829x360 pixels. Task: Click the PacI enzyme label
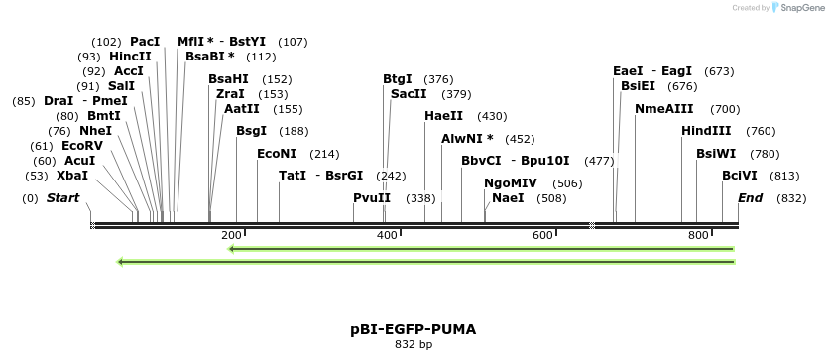[145, 42]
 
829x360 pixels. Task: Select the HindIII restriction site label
[706, 131]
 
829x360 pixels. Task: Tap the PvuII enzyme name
[372, 198]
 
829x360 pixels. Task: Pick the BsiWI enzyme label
[716, 154]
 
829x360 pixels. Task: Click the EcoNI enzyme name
[277, 154]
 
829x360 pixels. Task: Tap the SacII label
[409, 94]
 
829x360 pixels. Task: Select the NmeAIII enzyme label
[664, 109]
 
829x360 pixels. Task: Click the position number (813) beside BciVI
[783, 176]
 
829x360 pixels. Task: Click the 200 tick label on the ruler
[231, 235]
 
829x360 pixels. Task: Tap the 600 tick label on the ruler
[542, 235]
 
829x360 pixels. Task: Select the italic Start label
[62, 198]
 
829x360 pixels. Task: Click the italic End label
[751, 198]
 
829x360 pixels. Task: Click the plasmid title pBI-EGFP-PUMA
[414, 327]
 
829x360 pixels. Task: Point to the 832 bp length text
[414, 344]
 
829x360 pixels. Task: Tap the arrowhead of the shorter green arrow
[231, 249]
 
